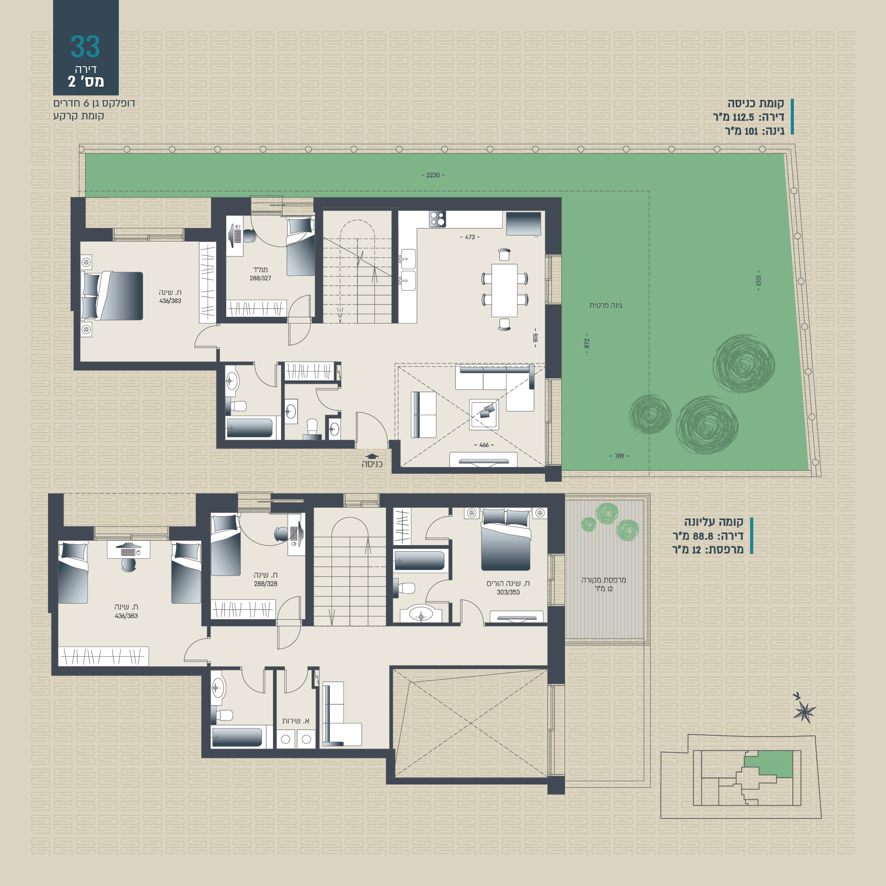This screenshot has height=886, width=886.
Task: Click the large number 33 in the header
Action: [85, 47]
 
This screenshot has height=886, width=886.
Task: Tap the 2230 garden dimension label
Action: [433, 175]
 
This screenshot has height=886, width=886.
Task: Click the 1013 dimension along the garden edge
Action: [758, 281]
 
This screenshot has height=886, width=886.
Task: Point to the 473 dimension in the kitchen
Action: [470, 237]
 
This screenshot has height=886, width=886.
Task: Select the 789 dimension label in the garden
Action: [619, 456]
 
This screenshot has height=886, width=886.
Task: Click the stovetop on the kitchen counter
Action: [438, 219]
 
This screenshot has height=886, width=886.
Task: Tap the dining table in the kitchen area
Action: [504, 290]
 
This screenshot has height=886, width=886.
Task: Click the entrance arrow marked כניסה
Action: [372, 456]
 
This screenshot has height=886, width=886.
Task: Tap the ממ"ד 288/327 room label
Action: [260, 274]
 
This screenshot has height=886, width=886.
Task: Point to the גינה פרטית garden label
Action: [606, 305]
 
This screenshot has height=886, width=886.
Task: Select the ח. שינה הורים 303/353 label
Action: [508, 588]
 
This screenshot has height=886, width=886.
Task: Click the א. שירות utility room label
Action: [295, 721]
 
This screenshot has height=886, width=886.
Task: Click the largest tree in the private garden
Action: [744, 364]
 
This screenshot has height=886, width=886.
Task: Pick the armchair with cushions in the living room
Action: [484, 414]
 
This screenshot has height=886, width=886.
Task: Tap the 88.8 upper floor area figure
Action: [703, 536]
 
